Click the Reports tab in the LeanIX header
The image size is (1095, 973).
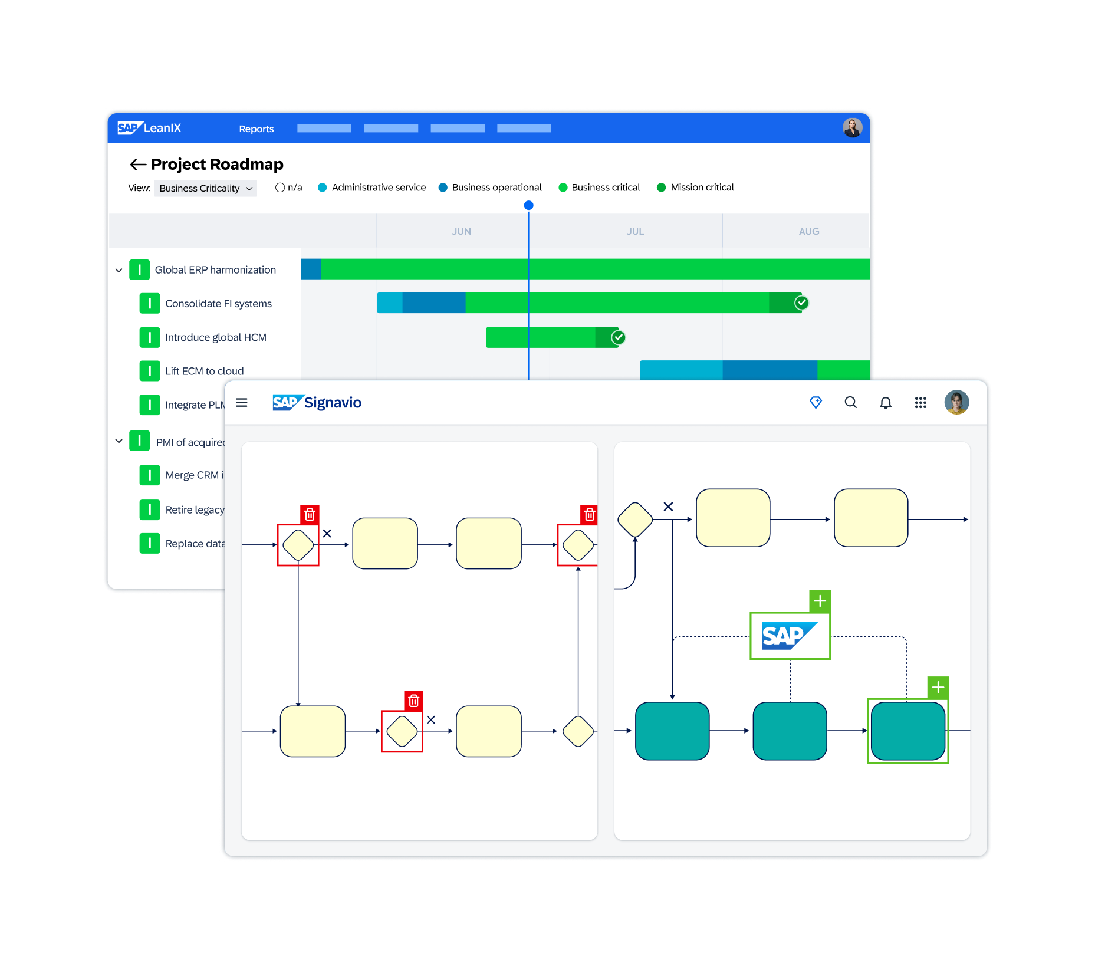point(256,129)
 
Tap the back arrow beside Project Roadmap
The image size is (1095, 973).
point(138,165)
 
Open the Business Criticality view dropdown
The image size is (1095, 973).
point(205,188)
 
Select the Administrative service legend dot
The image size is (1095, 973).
point(323,188)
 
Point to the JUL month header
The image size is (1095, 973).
point(635,231)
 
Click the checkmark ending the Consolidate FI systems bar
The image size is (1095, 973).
point(801,303)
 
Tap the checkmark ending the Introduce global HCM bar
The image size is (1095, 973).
point(618,337)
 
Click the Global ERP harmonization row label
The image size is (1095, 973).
point(215,270)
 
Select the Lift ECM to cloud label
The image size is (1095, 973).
point(204,371)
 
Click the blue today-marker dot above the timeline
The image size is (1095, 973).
point(529,205)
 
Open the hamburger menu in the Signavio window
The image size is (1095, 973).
point(242,403)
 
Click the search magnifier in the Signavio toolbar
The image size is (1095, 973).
point(850,403)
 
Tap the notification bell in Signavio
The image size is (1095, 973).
point(885,403)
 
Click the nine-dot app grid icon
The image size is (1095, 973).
point(920,403)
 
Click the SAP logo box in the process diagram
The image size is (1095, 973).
point(790,636)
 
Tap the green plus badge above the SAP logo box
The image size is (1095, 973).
point(820,601)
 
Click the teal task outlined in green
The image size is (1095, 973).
point(907,731)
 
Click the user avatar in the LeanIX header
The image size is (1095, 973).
point(852,127)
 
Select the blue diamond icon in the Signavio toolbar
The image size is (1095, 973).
point(816,403)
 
